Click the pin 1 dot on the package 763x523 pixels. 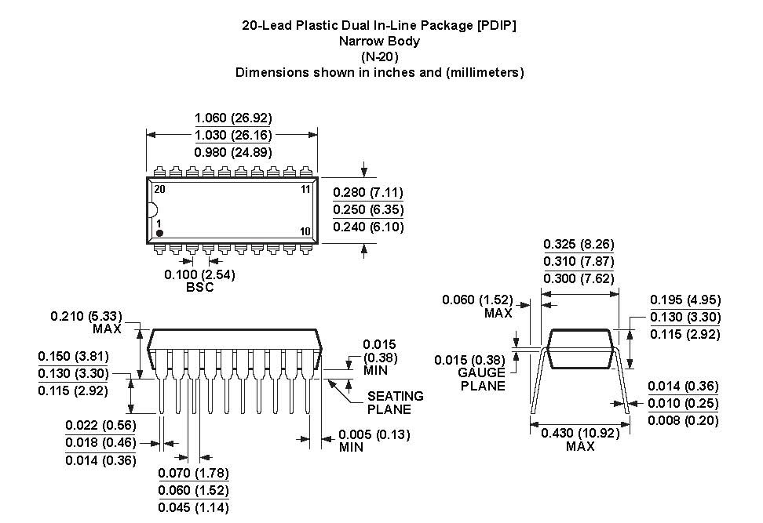pos(159,233)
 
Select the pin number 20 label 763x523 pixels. pos(159,189)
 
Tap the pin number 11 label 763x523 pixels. pos(306,189)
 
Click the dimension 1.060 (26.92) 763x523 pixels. pos(233,118)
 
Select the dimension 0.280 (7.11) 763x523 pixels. pos(368,192)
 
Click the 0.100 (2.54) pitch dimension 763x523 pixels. pos(199,274)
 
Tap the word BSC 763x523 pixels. pos(199,287)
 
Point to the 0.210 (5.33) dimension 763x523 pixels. pos(87,316)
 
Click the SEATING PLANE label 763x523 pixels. pos(395,402)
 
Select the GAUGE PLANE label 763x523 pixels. pos(482,379)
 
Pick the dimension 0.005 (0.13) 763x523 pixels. pos(374,434)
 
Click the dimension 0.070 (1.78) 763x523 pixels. pos(194,473)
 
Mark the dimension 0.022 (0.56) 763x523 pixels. pos(101,426)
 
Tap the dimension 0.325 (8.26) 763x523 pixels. pos(579,244)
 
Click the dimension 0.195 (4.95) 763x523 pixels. pos(685,300)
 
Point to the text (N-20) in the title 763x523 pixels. pos(379,56)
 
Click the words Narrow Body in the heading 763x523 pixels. pos(379,41)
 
